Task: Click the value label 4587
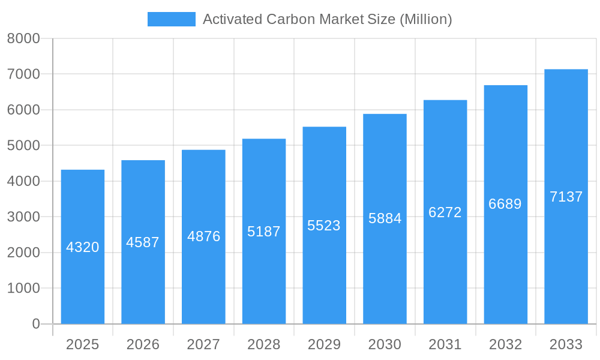coord(143,242)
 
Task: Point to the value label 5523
coord(324,226)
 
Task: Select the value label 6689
coord(505,204)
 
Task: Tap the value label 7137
coord(566,197)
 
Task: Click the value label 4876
coord(203,236)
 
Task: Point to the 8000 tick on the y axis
coord(23,38)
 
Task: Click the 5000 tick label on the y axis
coord(23,145)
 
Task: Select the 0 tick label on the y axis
coord(36,324)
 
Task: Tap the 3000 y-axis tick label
coord(23,217)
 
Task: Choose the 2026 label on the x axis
coord(143,344)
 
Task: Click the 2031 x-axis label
coord(445,344)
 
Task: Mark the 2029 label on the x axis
coord(324,344)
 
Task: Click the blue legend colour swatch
coord(172,19)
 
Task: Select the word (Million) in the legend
coord(425,19)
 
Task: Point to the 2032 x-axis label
coord(505,344)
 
